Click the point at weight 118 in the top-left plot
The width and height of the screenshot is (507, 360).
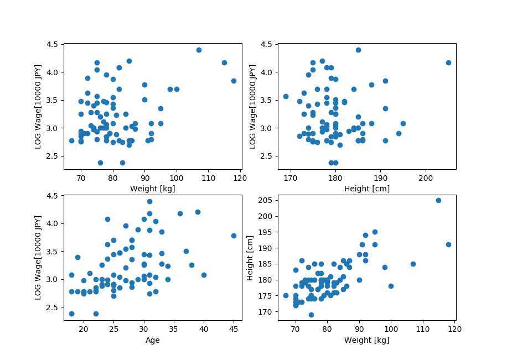234,81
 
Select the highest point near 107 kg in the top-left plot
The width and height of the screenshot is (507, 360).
199,50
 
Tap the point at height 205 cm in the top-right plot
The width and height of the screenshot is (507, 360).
448,62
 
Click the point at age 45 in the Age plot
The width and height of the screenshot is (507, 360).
234,236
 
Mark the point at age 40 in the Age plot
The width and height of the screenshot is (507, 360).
204,275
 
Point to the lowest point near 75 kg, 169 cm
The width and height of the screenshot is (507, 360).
311,315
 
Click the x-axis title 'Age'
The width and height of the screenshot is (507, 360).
152,341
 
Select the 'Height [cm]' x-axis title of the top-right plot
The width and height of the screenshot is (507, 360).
367,189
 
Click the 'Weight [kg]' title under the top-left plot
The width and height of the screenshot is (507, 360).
152,189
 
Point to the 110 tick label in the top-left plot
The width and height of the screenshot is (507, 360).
208,179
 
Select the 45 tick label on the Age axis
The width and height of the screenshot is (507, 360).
234,330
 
